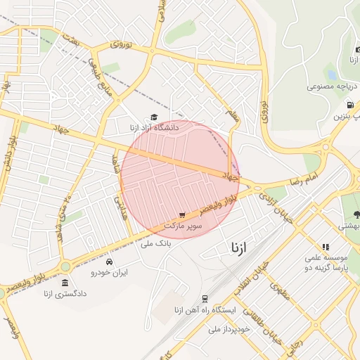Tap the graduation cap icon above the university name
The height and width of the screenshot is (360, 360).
click(154, 117)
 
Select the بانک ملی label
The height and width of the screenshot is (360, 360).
click(156, 244)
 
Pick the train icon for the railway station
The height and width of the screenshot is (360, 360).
click(205, 299)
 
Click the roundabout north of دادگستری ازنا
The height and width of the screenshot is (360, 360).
click(65, 266)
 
